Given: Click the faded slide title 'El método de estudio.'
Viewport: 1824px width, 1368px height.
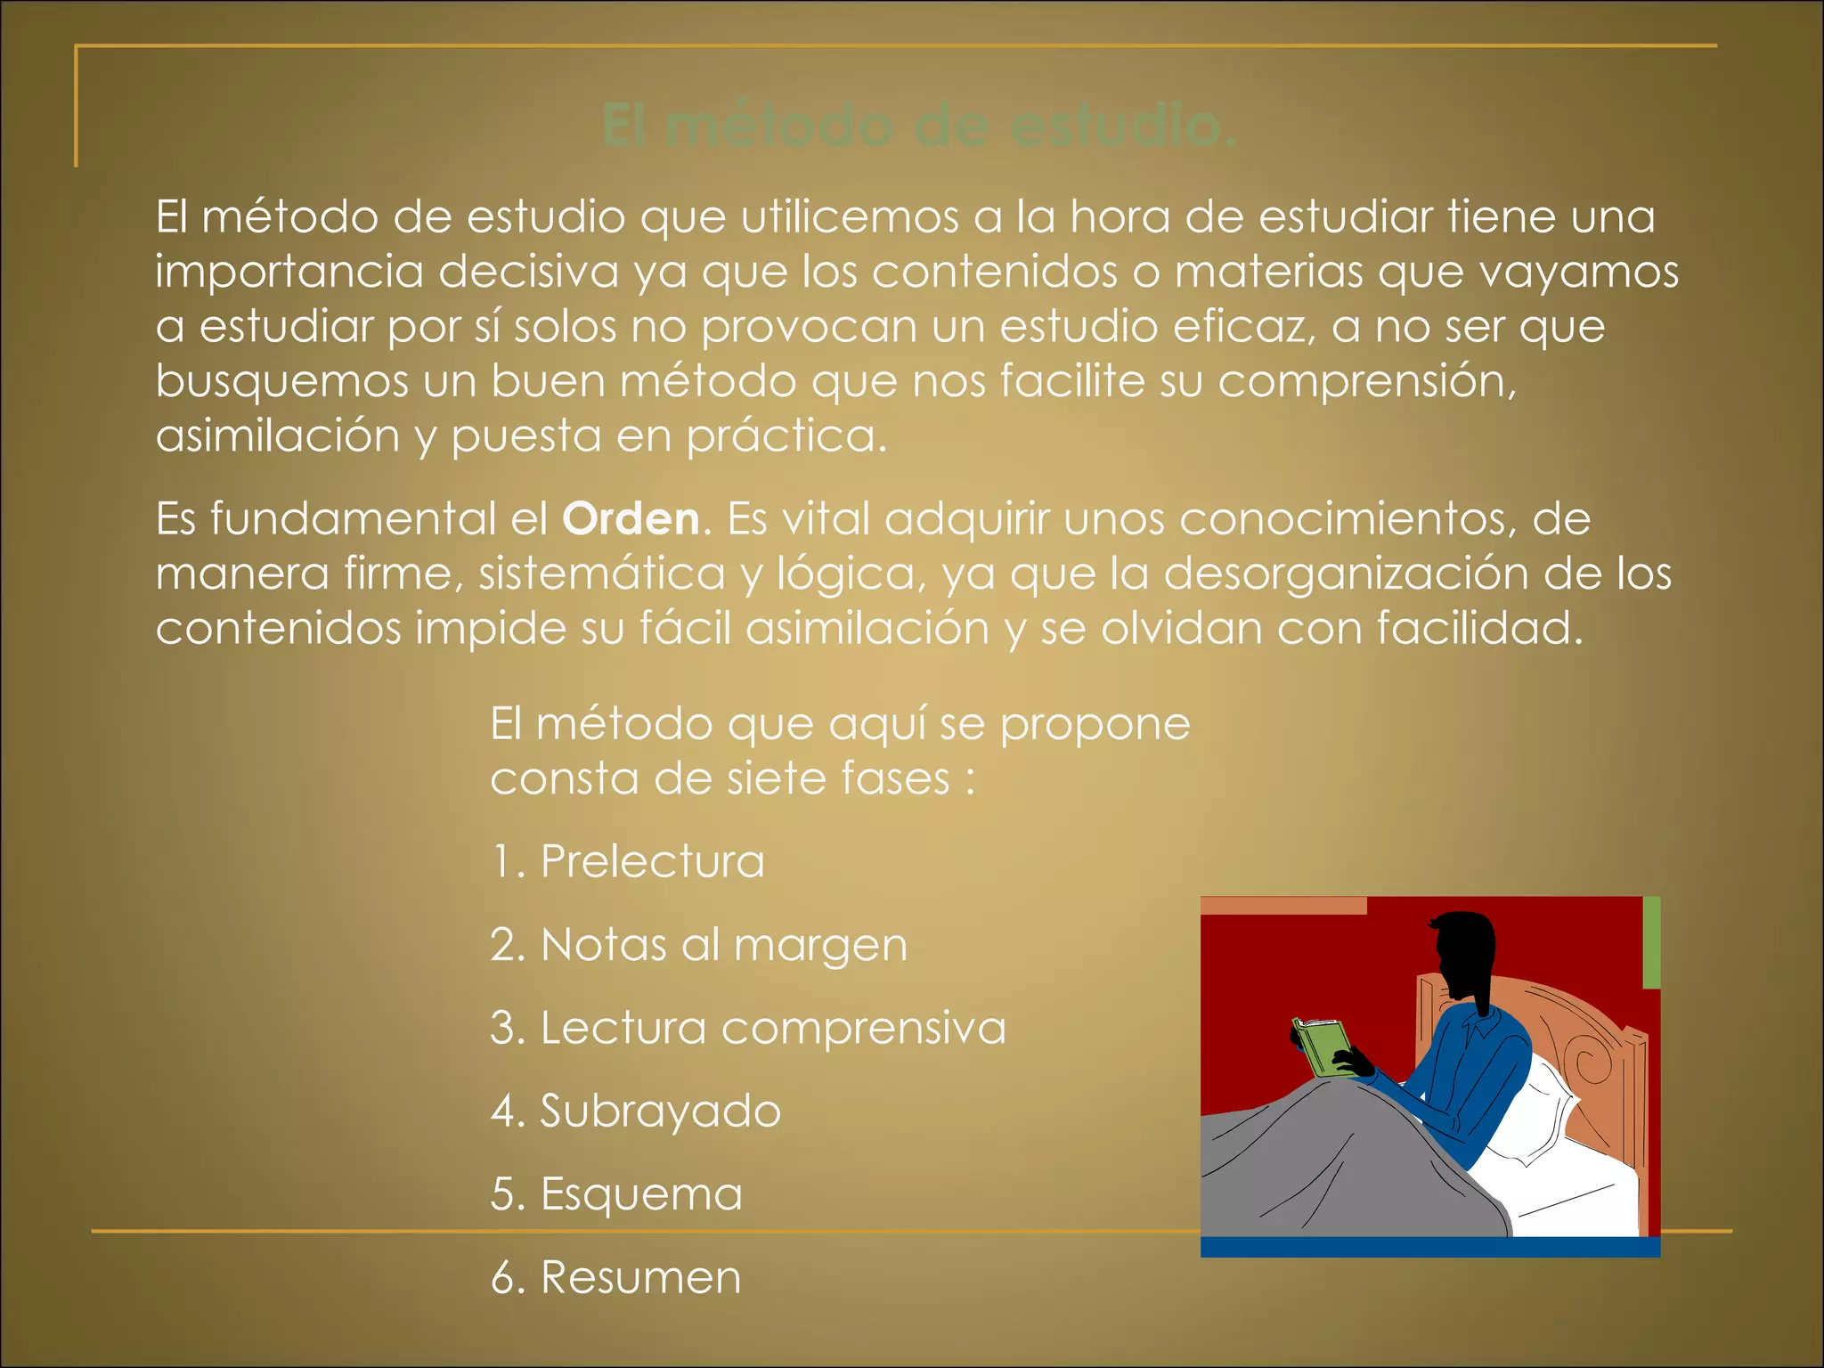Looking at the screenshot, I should [919, 126].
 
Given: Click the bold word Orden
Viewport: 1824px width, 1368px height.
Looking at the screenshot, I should [631, 518].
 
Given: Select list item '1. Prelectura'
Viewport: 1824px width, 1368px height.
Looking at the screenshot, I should [627, 861].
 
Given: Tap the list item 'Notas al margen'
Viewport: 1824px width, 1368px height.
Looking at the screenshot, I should [698, 944].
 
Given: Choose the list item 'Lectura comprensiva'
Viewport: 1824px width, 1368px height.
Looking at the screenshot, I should [748, 1028].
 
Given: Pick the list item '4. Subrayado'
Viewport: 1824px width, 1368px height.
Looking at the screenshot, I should [636, 1111].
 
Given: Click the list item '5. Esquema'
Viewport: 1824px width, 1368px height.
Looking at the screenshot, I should [616, 1193].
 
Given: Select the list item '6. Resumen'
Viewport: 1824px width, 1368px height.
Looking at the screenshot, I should [615, 1277].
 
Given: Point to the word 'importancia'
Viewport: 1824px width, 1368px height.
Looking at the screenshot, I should [289, 272].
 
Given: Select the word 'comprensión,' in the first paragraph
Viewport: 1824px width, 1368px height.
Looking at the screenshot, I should [1367, 382].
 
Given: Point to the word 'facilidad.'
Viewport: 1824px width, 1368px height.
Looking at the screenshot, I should [1479, 628].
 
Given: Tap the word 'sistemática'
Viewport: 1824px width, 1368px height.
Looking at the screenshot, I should [602, 573].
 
